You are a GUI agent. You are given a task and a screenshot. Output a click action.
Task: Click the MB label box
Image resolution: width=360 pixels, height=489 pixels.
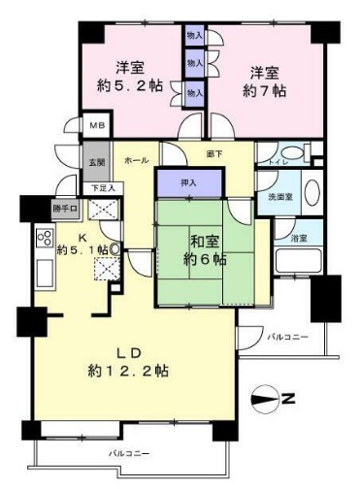[x=97, y=125]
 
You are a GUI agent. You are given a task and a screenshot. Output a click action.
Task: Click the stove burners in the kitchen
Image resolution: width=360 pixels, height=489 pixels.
[x=45, y=238]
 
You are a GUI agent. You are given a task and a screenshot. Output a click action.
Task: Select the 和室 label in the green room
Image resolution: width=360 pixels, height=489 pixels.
[x=204, y=238]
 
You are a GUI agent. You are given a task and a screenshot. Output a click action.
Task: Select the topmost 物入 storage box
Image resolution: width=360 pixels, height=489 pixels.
[x=194, y=34]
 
